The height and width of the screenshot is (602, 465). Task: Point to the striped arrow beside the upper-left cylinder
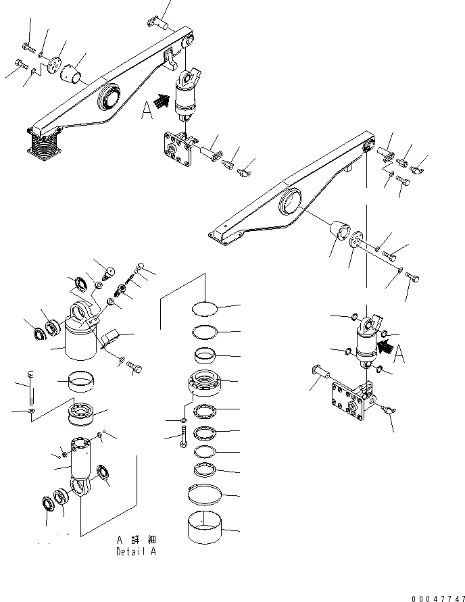point(160,101)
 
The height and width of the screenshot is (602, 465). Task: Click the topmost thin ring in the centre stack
point(205,309)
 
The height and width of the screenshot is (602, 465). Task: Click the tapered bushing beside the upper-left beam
point(72,72)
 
